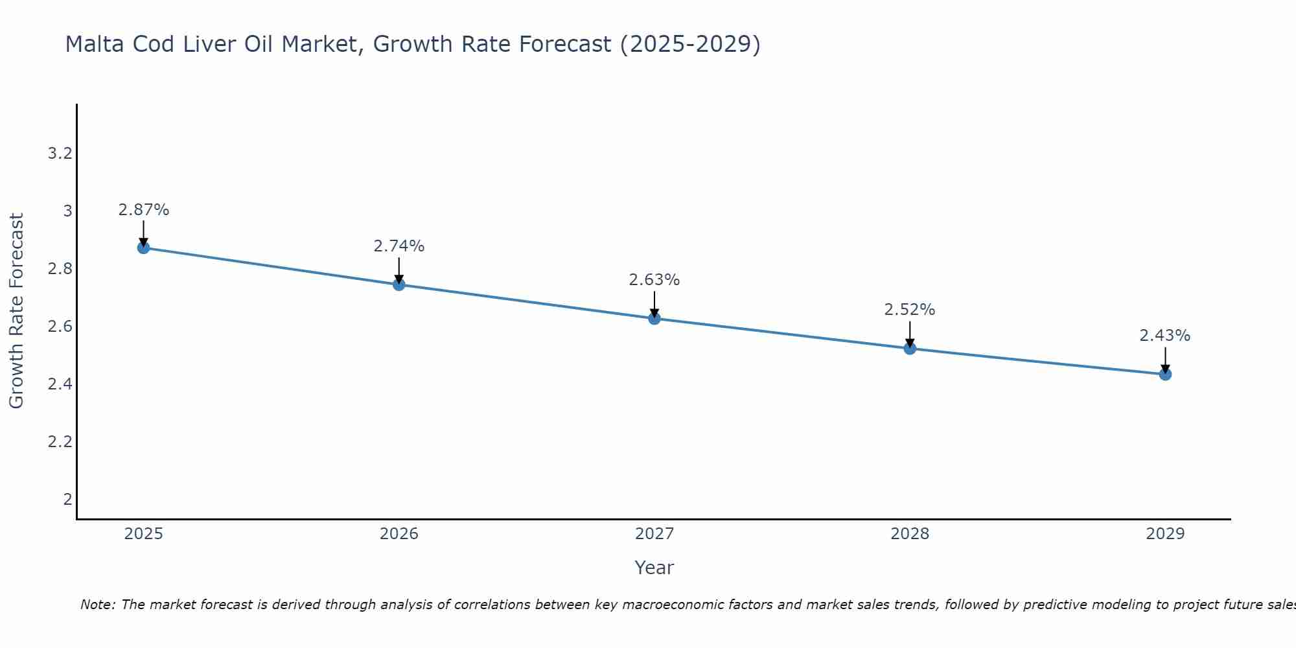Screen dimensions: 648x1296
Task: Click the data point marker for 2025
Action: (x=143, y=248)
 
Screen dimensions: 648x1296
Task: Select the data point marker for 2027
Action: (x=654, y=318)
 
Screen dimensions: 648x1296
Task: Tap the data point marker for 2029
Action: (x=1165, y=374)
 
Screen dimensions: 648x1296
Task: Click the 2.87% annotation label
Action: (x=144, y=210)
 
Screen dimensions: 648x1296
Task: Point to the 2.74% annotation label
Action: (x=399, y=246)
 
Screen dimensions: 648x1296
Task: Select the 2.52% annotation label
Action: (x=910, y=310)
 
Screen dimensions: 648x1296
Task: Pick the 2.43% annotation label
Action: (x=1165, y=336)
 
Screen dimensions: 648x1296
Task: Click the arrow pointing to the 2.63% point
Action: (x=654, y=303)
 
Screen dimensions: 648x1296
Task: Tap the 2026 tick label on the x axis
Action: (x=399, y=534)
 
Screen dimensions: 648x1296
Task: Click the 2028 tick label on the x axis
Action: (x=910, y=534)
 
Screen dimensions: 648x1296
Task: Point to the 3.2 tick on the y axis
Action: (x=60, y=154)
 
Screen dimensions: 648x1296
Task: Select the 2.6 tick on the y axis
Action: (x=60, y=327)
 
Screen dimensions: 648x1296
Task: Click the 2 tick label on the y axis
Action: (x=67, y=500)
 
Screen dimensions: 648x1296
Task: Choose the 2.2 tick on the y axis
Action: (x=60, y=442)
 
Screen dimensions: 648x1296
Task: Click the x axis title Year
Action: (x=654, y=568)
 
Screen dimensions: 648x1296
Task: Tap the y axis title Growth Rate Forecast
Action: (x=16, y=311)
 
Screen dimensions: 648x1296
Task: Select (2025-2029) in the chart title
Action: (x=690, y=44)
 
